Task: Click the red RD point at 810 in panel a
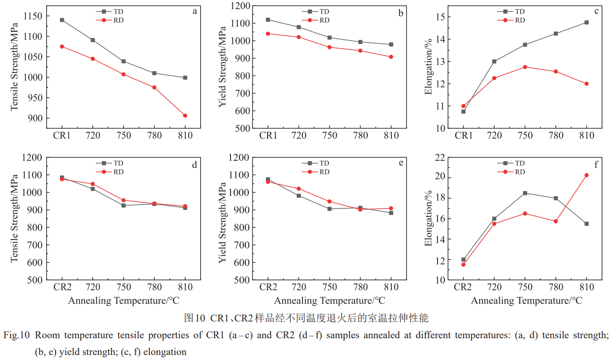pos(185,115)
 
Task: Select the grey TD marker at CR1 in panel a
pos(62,20)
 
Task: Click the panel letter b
pos(401,13)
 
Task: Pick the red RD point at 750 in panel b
pos(329,47)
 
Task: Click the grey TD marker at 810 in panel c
pos(587,22)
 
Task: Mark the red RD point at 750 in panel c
pos(525,67)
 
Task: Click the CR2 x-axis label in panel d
pos(62,287)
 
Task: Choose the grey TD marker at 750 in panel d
pos(124,206)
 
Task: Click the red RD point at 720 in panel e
pos(298,189)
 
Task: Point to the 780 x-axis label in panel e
pos(360,287)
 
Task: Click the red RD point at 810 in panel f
pos(587,175)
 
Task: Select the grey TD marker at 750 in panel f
pos(525,193)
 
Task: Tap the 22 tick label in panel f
pos(439,158)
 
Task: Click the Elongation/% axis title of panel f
pos(428,219)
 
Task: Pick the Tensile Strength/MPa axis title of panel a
pos(14,67)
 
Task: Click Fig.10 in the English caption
pos(17,336)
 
